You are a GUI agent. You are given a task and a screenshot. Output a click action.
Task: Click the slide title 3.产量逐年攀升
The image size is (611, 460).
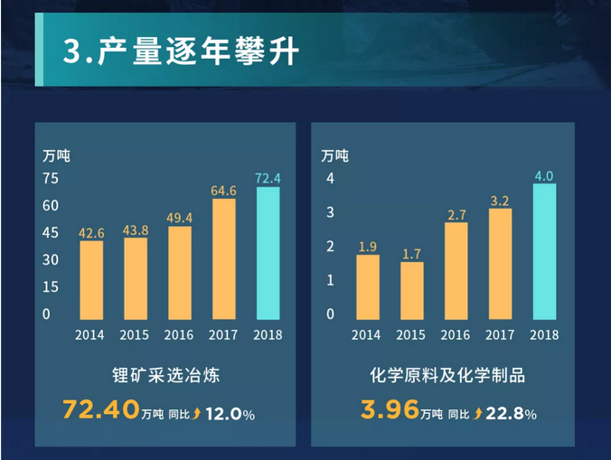(180, 52)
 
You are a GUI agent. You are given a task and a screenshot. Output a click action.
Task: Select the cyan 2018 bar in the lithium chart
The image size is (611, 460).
(268, 254)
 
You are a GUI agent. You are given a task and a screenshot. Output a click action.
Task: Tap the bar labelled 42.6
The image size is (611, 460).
(91, 280)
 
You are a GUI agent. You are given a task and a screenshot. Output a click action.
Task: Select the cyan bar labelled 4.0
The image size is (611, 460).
(544, 252)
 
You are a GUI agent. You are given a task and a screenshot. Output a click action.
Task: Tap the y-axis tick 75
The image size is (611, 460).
(51, 178)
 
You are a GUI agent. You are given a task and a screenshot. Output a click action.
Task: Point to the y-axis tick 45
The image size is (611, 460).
(51, 232)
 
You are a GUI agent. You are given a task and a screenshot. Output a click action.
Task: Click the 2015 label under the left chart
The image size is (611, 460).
(136, 334)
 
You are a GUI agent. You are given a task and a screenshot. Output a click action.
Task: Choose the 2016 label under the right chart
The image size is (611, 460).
(456, 334)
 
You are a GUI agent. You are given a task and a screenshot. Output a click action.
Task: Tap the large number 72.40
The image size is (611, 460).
(100, 410)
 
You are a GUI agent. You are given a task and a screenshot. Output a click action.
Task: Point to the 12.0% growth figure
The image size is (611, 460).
(230, 414)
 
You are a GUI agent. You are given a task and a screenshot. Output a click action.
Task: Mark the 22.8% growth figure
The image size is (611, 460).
(512, 414)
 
